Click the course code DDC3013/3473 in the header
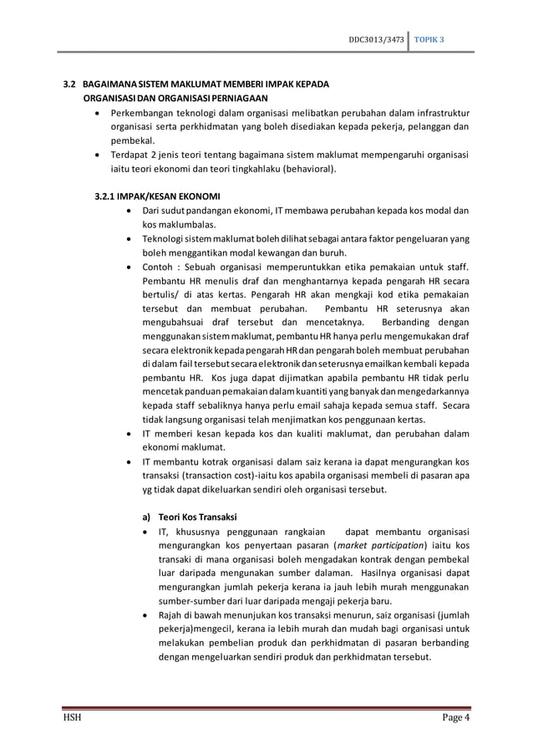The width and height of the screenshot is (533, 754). (378, 39)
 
